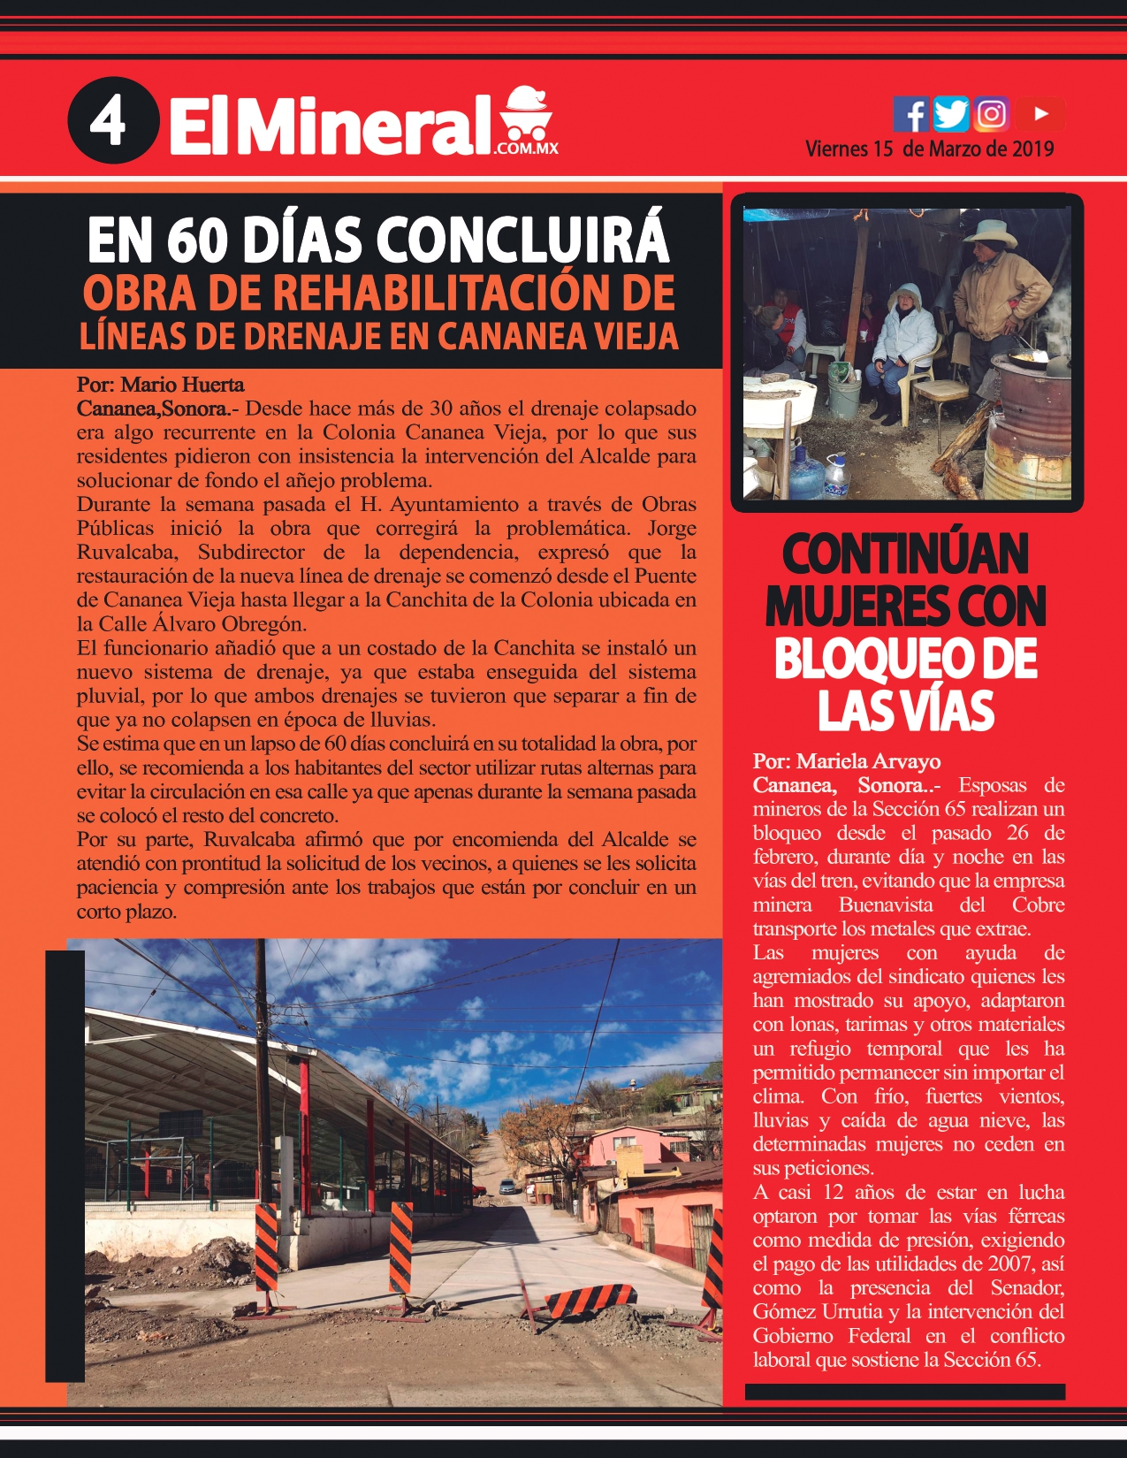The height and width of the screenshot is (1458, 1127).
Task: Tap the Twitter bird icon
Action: click(x=951, y=114)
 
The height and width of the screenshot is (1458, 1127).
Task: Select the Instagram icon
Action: click(x=992, y=114)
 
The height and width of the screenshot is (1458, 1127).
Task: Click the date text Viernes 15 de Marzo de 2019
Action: click(x=929, y=149)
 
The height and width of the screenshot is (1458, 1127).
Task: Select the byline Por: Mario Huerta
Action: click(x=160, y=385)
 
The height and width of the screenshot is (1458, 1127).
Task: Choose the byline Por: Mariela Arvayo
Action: click(x=846, y=761)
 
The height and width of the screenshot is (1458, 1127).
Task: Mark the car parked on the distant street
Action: click(x=506, y=1187)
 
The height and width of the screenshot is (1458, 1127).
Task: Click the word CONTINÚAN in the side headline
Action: click(x=905, y=554)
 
